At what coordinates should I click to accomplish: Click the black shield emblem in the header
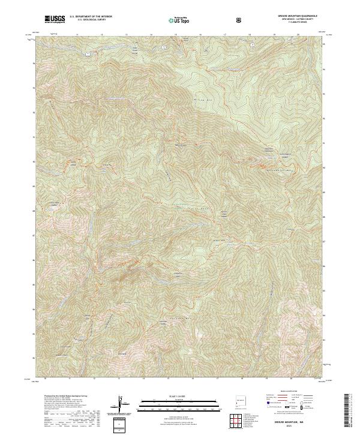(240, 20)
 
